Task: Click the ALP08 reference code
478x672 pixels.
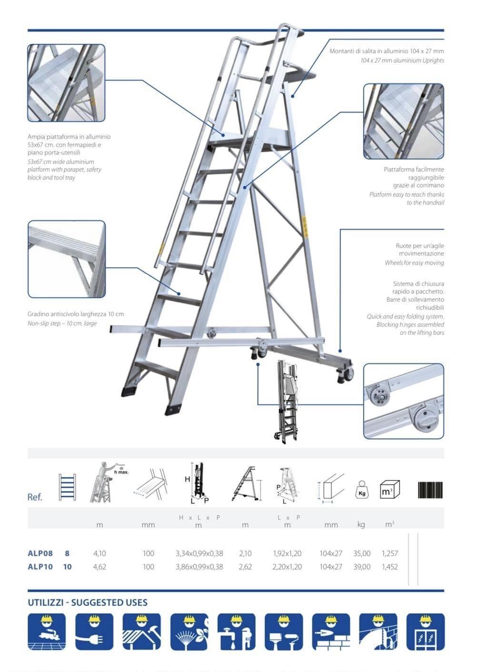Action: (x=40, y=553)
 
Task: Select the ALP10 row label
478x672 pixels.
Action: (x=40, y=567)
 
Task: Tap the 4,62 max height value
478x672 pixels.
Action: (x=100, y=567)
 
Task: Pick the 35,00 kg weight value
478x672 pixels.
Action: (x=362, y=553)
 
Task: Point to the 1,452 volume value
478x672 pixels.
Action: (x=389, y=567)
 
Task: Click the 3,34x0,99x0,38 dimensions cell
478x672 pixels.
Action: (x=199, y=553)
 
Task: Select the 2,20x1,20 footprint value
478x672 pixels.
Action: (x=287, y=567)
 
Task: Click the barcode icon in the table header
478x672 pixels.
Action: (x=430, y=490)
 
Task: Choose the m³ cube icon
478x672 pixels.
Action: (x=389, y=490)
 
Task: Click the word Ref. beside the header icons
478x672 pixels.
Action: (x=35, y=497)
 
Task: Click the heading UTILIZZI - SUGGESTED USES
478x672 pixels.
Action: (x=88, y=602)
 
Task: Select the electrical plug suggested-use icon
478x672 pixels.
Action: (x=94, y=632)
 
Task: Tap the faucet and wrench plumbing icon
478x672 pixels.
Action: (x=236, y=632)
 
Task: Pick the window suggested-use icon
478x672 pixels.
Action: (x=425, y=632)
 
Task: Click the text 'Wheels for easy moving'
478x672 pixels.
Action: (x=414, y=263)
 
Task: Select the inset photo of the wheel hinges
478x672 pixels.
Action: (x=403, y=401)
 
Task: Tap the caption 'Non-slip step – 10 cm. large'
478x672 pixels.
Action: (x=62, y=323)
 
